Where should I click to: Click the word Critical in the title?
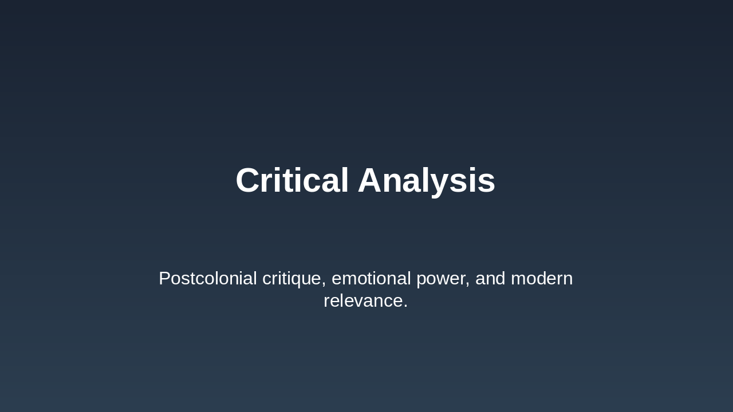click(x=292, y=181)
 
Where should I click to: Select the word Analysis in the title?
click(x=427, y=181)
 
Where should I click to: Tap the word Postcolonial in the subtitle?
click(x=208, y=279)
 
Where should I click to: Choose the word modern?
click(x=542, y=279)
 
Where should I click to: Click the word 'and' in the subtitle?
click(x=490, y=279)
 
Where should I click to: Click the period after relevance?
click(x=405, y=306)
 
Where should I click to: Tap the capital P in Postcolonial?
click(x=165, y=279)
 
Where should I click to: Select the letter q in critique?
click(x=298, y=280)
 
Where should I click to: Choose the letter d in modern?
click(x=537, y=279)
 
